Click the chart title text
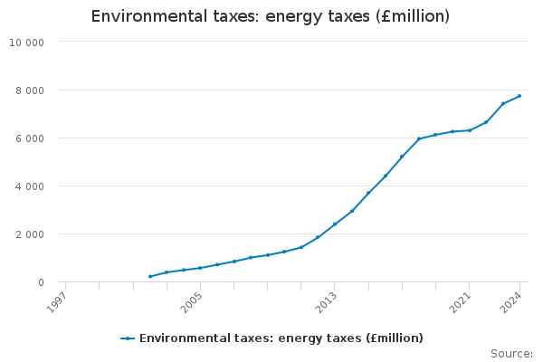point(271,16)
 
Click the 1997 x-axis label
point(55,300)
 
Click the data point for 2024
point(519,96)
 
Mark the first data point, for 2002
point(149,277)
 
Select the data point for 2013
point(335,224)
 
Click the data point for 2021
point(469,130)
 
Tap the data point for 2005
point(200,268)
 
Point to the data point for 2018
point(419,138)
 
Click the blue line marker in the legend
point(128,338)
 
